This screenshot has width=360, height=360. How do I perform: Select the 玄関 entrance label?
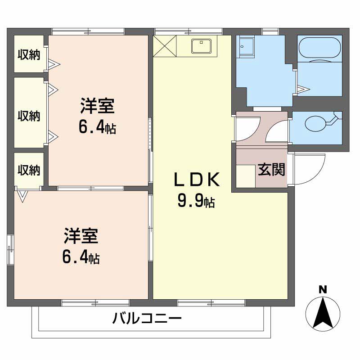click(271, 170)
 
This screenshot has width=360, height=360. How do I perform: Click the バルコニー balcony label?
click(147, 320)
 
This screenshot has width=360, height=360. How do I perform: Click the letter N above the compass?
click(323, 290)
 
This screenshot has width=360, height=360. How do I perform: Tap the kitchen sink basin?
click(202, 46)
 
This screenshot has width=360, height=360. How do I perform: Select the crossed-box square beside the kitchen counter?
click(165, 46)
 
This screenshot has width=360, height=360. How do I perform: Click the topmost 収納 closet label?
click(29, 54)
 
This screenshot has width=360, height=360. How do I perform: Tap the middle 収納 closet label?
click(29, 116)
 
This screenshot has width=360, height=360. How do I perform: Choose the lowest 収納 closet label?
click(29, 170)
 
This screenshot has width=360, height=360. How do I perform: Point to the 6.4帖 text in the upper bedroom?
click(97, 128)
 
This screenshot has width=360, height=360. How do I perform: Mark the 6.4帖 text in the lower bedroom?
click(81, 258)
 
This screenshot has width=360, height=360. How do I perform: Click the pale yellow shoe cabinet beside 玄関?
click(246, 176)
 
